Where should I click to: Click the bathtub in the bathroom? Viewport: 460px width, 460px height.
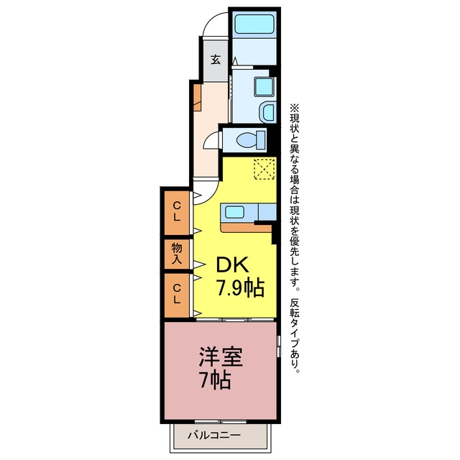click(254, 24)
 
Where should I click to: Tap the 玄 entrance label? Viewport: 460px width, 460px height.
click(216, 60)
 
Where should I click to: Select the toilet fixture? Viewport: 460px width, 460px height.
click(251, 140)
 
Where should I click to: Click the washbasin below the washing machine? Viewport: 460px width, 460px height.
click(268, 112)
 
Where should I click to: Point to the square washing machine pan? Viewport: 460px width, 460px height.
click(264, 86)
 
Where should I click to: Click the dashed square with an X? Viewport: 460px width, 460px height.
click(264, 169)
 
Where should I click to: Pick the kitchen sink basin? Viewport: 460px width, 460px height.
click(234, 212)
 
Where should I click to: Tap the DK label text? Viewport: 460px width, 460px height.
click(233, 264)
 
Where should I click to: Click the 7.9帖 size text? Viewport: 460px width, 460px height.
click(240, 287)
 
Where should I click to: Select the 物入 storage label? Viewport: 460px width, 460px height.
click(177, 254)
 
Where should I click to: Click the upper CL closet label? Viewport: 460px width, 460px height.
click(177, 211)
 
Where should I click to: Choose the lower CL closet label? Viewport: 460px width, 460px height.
click(177, 294)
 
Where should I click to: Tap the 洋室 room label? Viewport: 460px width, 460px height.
click(221, 356)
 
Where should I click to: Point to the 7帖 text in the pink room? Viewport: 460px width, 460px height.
click(214, 380)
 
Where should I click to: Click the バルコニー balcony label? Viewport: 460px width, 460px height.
click(214, 435)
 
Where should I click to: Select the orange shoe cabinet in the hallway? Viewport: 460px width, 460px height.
click(198, 98)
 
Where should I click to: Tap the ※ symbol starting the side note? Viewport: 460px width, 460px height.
click(294, 108)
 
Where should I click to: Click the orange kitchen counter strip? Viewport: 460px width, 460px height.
click(246, 228)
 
